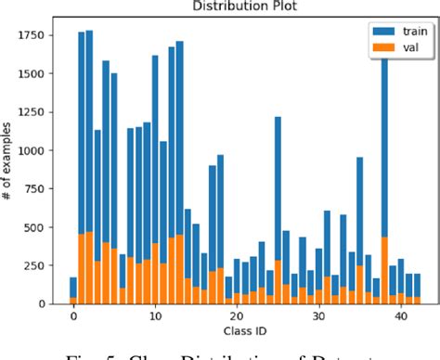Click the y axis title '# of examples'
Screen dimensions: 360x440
pyautogui.click(x=10, y=168)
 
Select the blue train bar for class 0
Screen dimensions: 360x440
pyautogui.click(x=73, y=287)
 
